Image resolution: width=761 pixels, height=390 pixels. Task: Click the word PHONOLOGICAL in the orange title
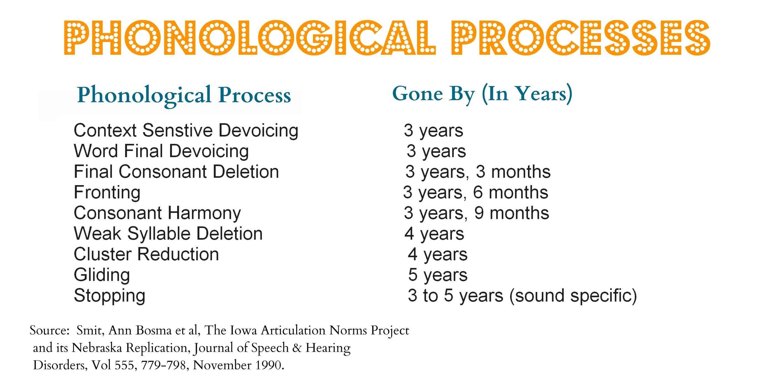pos(250,38)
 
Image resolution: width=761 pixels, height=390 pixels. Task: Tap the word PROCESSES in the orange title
pos(580,38)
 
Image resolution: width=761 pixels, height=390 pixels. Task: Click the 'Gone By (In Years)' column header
pos(482,94)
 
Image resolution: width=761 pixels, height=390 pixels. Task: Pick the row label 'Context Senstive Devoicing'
pos(186,131)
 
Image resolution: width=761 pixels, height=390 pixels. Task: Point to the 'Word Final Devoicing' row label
pos(161,151)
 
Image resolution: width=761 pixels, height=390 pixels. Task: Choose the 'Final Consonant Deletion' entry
pos(176,172)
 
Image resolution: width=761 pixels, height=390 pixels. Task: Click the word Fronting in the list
pos(107,193)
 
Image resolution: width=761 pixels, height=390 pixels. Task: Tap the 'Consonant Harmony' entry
pos(157,213)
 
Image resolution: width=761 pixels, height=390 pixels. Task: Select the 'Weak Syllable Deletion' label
pos(168,234)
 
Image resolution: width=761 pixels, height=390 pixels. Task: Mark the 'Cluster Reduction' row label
pos(146,254)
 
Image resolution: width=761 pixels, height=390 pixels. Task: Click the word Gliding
pos(102,275)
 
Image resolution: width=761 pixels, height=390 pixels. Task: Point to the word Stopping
pos(110,296)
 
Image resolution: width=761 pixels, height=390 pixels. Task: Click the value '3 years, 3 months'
pos(478,172)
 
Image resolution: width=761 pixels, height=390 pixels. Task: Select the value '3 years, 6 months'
pos(476,193)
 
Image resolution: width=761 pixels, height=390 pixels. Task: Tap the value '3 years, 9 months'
pos(476,213)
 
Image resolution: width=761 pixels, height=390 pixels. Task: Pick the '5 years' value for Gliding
pos(438,275)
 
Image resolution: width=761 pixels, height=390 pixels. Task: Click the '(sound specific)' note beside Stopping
pos(573,296)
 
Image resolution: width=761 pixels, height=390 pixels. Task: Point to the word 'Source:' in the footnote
pos(49,330)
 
